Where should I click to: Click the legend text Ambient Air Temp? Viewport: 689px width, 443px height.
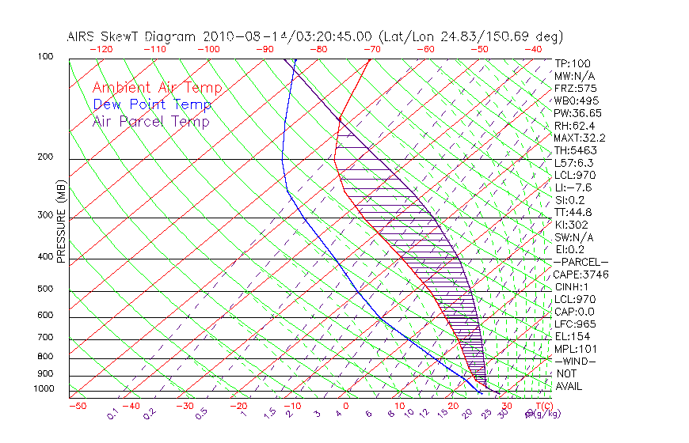click(157, 88)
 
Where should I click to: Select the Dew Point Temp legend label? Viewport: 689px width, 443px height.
click(151, 104)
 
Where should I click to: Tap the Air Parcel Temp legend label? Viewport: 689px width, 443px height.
click(150, 121)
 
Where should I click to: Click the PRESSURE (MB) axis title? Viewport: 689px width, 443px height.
click(61, 222)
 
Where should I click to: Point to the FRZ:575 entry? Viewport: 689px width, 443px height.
click(575, 88)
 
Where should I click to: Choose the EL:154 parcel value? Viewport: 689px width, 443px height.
click(571, 336)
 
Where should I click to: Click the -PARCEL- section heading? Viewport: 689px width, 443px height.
click(581, 262)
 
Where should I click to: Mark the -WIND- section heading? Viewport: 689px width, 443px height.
click(575, 361)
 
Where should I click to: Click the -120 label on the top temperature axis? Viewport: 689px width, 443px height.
click(101, 49)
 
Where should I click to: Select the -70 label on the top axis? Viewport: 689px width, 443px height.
click(371, 49)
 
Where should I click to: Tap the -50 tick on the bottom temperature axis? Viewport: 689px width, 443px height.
click(77, 406)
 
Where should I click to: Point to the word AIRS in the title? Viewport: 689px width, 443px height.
click(82, 36)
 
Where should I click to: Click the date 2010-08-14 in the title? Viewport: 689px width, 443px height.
click(238, 36)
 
